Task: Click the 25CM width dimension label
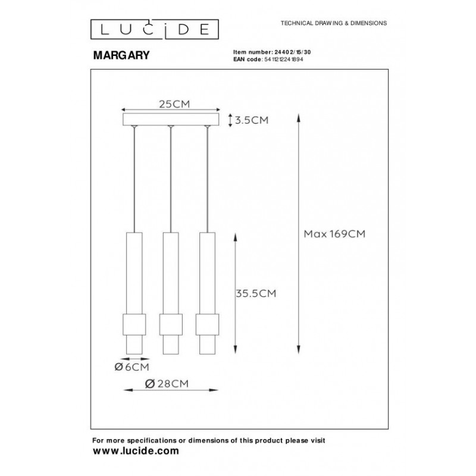coord(173,104)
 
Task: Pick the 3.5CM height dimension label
coord(252,120)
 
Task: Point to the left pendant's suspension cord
coord(135,178)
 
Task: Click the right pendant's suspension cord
coord(208,178)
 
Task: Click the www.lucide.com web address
coord(136,451)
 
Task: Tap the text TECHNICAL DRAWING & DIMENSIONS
coord(329,23)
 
